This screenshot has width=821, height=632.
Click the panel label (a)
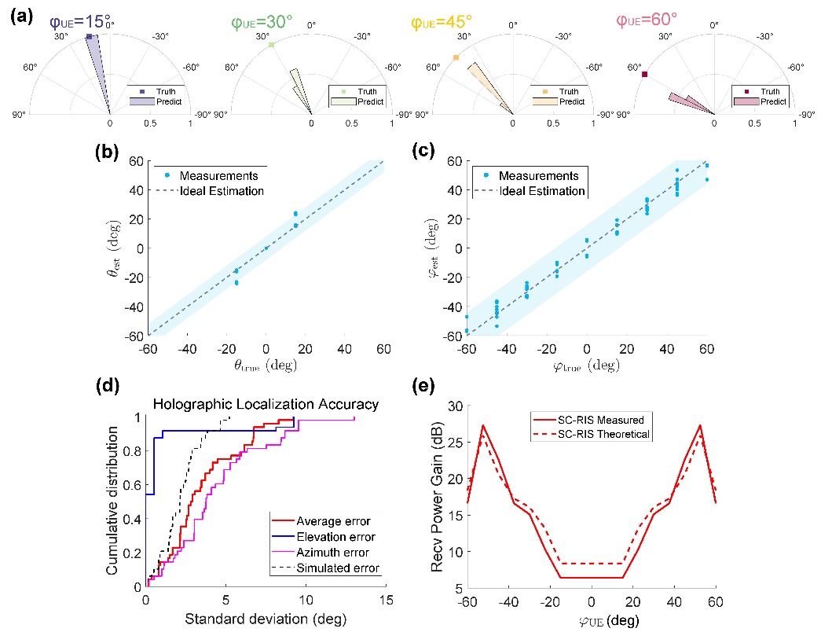pyautogui.click(x=18, y=15)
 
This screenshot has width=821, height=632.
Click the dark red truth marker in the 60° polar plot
pyautogui.click(x=644, y=75)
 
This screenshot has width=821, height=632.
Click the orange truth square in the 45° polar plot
pyautogui.click(x=456, y=57)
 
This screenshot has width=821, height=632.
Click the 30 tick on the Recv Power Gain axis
pyautogui.click(x=451, y=406)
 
